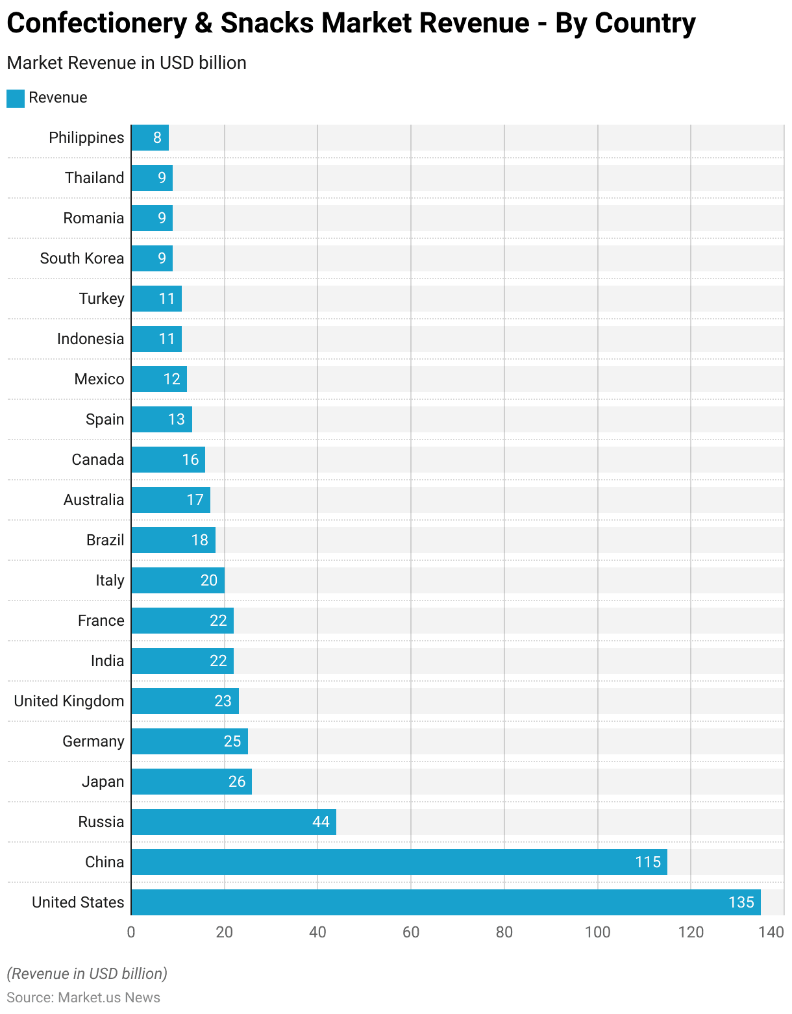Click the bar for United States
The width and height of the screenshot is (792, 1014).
tap(445, 902)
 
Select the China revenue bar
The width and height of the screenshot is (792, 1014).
tap(399, 862)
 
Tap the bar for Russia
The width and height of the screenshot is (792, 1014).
tap(234, 822)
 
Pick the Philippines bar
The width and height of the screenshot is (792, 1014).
tap(150, 138)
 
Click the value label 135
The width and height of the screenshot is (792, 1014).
tap(741, 902)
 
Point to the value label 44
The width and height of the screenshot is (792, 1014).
tap(321, 822)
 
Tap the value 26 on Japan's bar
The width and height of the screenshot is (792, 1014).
tap(237, 782)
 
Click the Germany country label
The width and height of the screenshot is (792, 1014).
tap(93, 741)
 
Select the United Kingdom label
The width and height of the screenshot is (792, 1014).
tap(69, 701)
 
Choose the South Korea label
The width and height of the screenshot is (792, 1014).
tap(82, 258)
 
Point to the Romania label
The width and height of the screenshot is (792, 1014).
tap(93, 218)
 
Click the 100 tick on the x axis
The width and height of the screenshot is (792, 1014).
tap(597, 933)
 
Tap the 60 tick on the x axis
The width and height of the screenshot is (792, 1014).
tap(411, 933)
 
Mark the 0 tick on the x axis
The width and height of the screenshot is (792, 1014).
tap(131, 933)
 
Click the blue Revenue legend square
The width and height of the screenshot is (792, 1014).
tap(16, 98)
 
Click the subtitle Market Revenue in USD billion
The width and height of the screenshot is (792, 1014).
tap(127, 63)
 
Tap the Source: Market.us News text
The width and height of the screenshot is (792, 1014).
tap(83, 998)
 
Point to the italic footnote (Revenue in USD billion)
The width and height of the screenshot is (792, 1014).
tap(87, 974)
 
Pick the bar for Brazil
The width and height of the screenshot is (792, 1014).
tap(173, 540)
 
